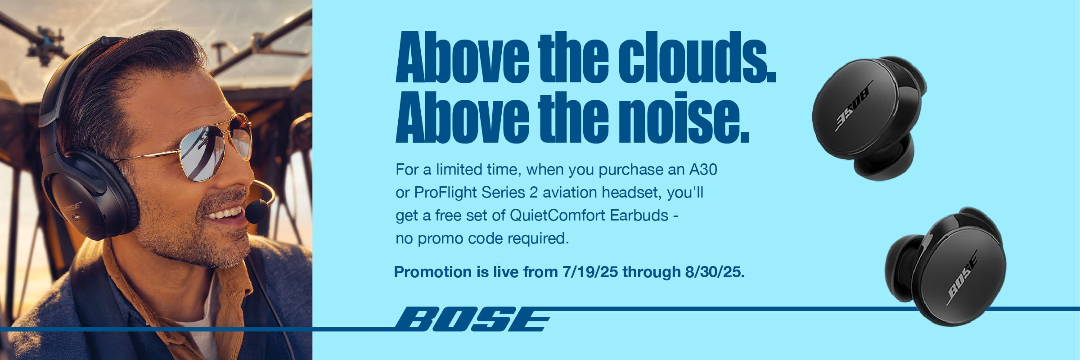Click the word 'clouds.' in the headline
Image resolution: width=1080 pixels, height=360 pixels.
[697, 57]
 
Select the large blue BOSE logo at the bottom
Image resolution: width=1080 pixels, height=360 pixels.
[472, 319]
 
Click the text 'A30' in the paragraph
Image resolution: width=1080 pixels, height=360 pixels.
[703, 170]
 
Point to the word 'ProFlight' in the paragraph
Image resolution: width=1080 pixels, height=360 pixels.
[445, 193]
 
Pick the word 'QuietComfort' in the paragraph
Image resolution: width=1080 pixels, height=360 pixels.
[558, 216]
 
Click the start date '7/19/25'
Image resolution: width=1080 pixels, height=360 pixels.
[590, 272]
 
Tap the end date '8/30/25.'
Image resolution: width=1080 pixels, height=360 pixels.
[715, 272]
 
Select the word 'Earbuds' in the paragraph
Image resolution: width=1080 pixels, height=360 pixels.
[639, 216]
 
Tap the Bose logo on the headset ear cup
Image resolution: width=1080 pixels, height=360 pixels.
[72, 207]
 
